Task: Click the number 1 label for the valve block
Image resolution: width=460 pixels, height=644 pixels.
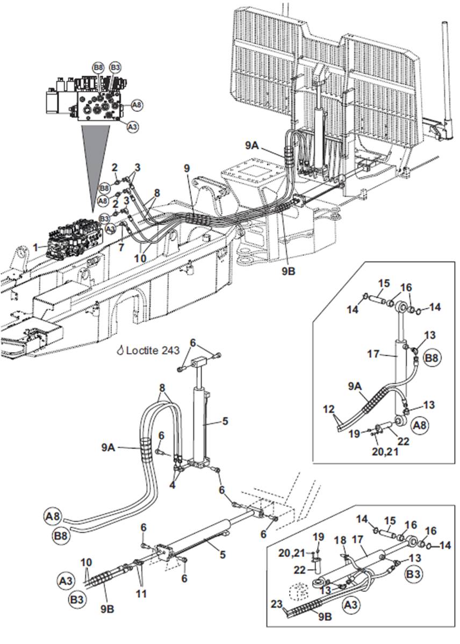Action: [35, 247]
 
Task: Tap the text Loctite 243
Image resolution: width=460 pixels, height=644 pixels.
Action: [153, 350]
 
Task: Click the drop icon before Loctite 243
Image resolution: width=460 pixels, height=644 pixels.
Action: [120, 350]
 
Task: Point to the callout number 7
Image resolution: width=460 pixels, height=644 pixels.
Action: [120, 247]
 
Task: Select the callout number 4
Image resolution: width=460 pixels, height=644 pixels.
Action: [172, 485]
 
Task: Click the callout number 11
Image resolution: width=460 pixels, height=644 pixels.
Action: [141, 593]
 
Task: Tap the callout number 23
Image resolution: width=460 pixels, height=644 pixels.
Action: [277, 604]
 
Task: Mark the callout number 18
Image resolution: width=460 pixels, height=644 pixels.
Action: [341, 540]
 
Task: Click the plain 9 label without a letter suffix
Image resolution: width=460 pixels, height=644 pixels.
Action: [187, 168]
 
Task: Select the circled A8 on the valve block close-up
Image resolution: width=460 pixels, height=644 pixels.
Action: [137, 105]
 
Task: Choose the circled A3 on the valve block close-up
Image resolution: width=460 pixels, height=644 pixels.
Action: [132, 127]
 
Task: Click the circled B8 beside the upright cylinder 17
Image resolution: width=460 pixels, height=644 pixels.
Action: [431, 357]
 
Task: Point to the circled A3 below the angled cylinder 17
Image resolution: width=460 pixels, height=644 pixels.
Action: [350, 605]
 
